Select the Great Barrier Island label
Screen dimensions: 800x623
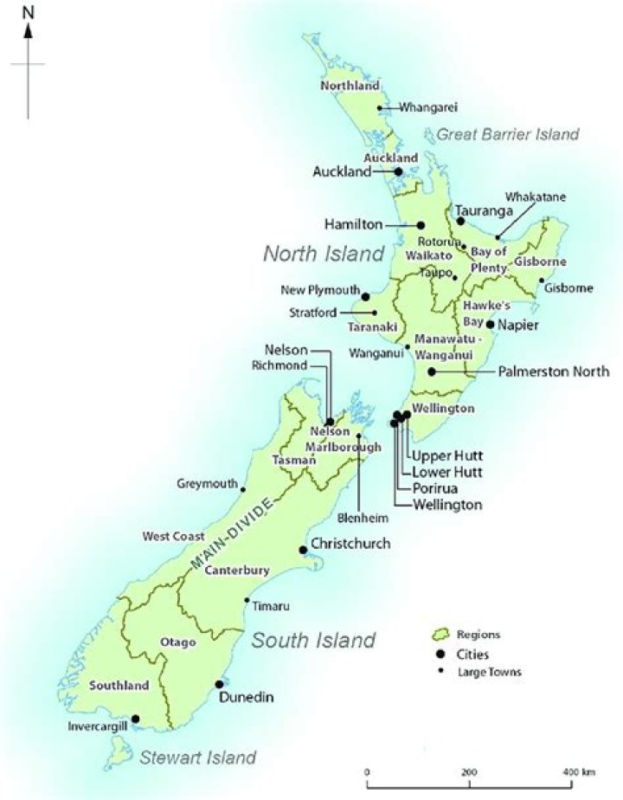pos(507,134)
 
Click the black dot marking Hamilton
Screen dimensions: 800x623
pos(421,224)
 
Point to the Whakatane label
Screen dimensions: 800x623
pos(536,197)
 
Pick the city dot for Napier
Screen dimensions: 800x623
pos(491,325)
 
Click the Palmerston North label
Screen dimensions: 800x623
pos(554,371)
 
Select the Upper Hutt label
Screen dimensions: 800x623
pos(446,455)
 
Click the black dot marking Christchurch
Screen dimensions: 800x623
pos(303,550)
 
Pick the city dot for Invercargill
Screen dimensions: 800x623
pos(135,718)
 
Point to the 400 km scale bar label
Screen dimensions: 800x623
pos(574,771)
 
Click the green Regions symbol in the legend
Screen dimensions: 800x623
pos(441,634)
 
